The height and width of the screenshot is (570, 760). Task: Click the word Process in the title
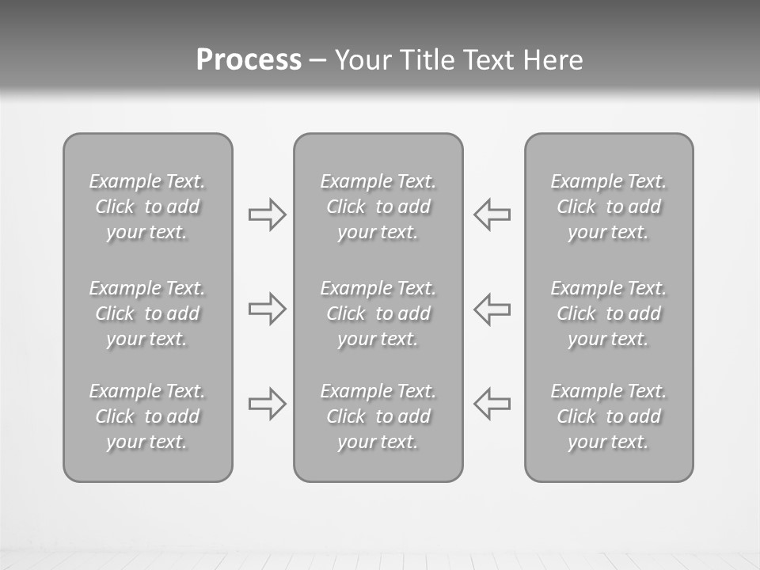[x=249, y=60]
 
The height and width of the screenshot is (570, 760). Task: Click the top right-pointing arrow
[x=267, y=215]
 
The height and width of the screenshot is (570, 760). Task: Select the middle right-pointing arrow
[x=267, y=309]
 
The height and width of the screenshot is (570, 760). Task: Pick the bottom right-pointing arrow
[x=267, y=404]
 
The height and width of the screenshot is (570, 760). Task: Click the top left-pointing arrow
[x=492, y=215]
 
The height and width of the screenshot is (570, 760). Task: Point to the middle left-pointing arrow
[x=492, y=309]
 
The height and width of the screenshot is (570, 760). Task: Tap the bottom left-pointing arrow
[x=492, y=404]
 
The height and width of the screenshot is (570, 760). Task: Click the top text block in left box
[x=147, y=207]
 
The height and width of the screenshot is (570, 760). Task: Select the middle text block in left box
[x=147, y=313]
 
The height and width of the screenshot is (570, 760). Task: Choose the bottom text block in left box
[x=147, y=416]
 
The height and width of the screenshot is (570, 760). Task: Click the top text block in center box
[x=378, y=207]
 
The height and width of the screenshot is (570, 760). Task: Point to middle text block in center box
[x=378, y=313]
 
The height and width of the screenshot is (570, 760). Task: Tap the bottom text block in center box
[x=378, y=416]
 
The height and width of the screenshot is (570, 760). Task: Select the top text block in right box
[x=609, y=207]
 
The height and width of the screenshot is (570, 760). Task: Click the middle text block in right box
[x=609, y=313]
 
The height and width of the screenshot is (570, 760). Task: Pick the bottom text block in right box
[x=609, y=416]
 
